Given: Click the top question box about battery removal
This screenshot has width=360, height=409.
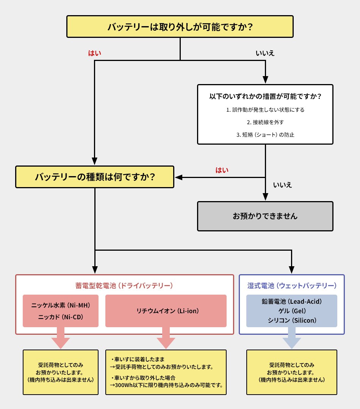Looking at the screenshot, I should click(x=180, y=27).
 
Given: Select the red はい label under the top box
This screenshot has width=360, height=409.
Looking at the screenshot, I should click(x=94, y=53).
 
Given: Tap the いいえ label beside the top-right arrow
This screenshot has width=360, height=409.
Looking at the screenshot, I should click(x=265, y=53).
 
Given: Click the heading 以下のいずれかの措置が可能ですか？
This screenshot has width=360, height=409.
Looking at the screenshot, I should click(x=265, y=96).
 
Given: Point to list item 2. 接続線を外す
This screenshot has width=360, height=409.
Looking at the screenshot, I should click(x=265, y=122).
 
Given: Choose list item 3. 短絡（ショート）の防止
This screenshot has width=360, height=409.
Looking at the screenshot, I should click(x=265, y=135).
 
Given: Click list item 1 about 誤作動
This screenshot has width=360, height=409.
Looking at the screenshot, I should click(x=265, y=110).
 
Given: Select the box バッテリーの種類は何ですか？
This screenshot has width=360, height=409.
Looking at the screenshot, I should click(x=95, y=177).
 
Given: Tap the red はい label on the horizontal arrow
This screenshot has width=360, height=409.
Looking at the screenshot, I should click(x=222, y=170).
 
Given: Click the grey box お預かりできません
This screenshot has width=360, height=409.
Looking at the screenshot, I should click(x=265, y=216).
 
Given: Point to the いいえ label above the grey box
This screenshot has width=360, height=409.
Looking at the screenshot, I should click(x=282, y=185).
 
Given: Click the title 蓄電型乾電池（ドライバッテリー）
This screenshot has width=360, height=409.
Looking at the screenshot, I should click(x=124, y=286).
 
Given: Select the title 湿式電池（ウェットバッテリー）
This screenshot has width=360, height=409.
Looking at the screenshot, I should click(x=292, y=286).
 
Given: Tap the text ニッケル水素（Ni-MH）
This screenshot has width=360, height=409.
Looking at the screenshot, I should click(x=61, y=304).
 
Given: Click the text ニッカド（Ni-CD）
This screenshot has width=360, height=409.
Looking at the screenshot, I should click(x=61, y=317).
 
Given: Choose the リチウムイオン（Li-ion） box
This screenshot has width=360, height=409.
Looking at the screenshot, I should click(x=166, y=311).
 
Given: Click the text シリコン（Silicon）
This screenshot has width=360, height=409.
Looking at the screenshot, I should click(x=292, y=320).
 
